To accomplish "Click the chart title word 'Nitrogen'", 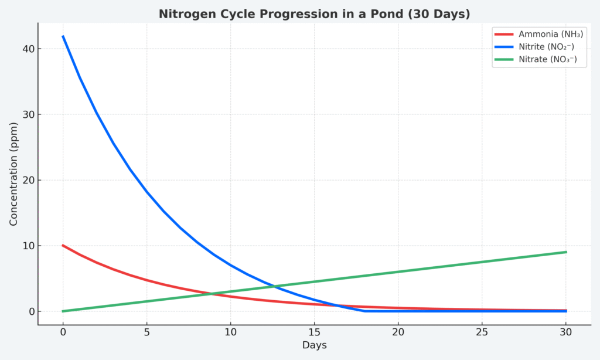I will [186, 14].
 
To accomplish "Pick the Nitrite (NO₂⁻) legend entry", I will [548, 47].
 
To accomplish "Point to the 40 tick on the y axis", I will [26, 49].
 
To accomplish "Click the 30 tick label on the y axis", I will [26, 114].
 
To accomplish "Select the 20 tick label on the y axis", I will [26, 180].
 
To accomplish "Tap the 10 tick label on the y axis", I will [26, 246].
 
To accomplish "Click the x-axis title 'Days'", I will [314, 345].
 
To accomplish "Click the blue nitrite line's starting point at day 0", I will [63, 36].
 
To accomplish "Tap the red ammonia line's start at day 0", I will [63, 246].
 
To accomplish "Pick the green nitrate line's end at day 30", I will [566, 252].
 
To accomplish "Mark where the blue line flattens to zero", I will [364, 311].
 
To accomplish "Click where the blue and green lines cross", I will [273, 286].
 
